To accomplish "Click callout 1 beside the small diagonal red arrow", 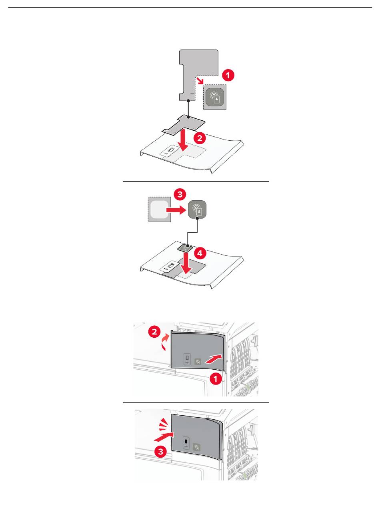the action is tap(228, 75).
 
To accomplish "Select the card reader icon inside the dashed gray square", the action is tap(215, 97).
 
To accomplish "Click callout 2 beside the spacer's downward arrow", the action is tap(199, 138).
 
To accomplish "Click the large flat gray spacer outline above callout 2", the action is tap(184, 124).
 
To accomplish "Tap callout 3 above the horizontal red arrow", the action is tap(180, 194).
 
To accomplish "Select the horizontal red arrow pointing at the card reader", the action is tap(176, 210).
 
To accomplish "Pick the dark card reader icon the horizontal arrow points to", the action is tap(197, 210).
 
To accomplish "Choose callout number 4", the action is tap(200, 253).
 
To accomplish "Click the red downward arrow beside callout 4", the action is tap(186, 262).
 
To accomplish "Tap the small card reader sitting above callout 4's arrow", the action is tap(185, 248).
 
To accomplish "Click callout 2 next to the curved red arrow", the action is tap(154, 332).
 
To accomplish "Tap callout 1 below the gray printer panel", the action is tap(216, 378).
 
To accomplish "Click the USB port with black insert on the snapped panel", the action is tap(186, 442).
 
